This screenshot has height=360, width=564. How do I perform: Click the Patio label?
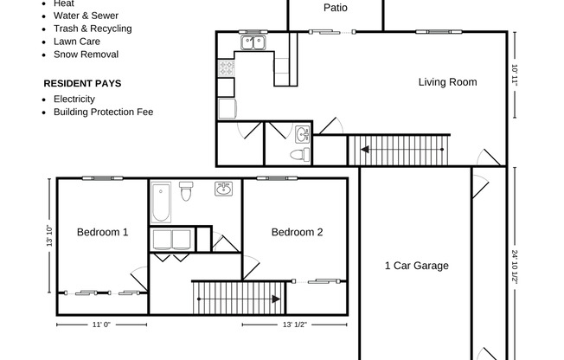pos(336,8)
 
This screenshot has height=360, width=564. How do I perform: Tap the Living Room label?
pos(447,83)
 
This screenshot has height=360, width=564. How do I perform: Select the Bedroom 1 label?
pos(102,232)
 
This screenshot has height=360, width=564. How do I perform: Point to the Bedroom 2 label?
pos(297,232)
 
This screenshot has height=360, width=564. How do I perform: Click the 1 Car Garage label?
pos(416,266)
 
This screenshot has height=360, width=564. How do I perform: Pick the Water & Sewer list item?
pos(86,16)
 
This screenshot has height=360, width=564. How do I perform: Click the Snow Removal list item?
pos(86,54)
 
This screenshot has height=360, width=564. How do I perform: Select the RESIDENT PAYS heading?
pos(82,84)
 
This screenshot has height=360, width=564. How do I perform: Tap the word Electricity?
pos(74,99)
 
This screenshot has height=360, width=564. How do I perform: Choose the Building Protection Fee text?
pos(103,112)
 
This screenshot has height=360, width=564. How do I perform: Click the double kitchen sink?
pos(253,42)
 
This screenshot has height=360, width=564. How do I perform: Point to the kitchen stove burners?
pos(226,67)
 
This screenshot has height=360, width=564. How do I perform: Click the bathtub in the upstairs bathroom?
pos(161,202)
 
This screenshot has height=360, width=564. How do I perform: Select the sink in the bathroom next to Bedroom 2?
pos(223,190)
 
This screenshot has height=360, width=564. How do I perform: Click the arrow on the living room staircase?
pos(366,150)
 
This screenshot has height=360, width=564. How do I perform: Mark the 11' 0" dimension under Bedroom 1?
pos(102,325)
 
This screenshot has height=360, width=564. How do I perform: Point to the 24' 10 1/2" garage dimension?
pos(514,268)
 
